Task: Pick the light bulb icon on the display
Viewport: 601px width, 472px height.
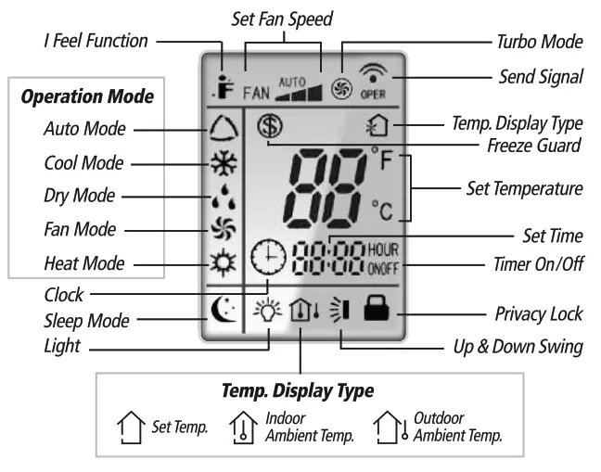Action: [268, 313]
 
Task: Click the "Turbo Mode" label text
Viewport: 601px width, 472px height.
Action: [539, 42]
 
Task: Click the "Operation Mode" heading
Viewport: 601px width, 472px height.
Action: [87, 96]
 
